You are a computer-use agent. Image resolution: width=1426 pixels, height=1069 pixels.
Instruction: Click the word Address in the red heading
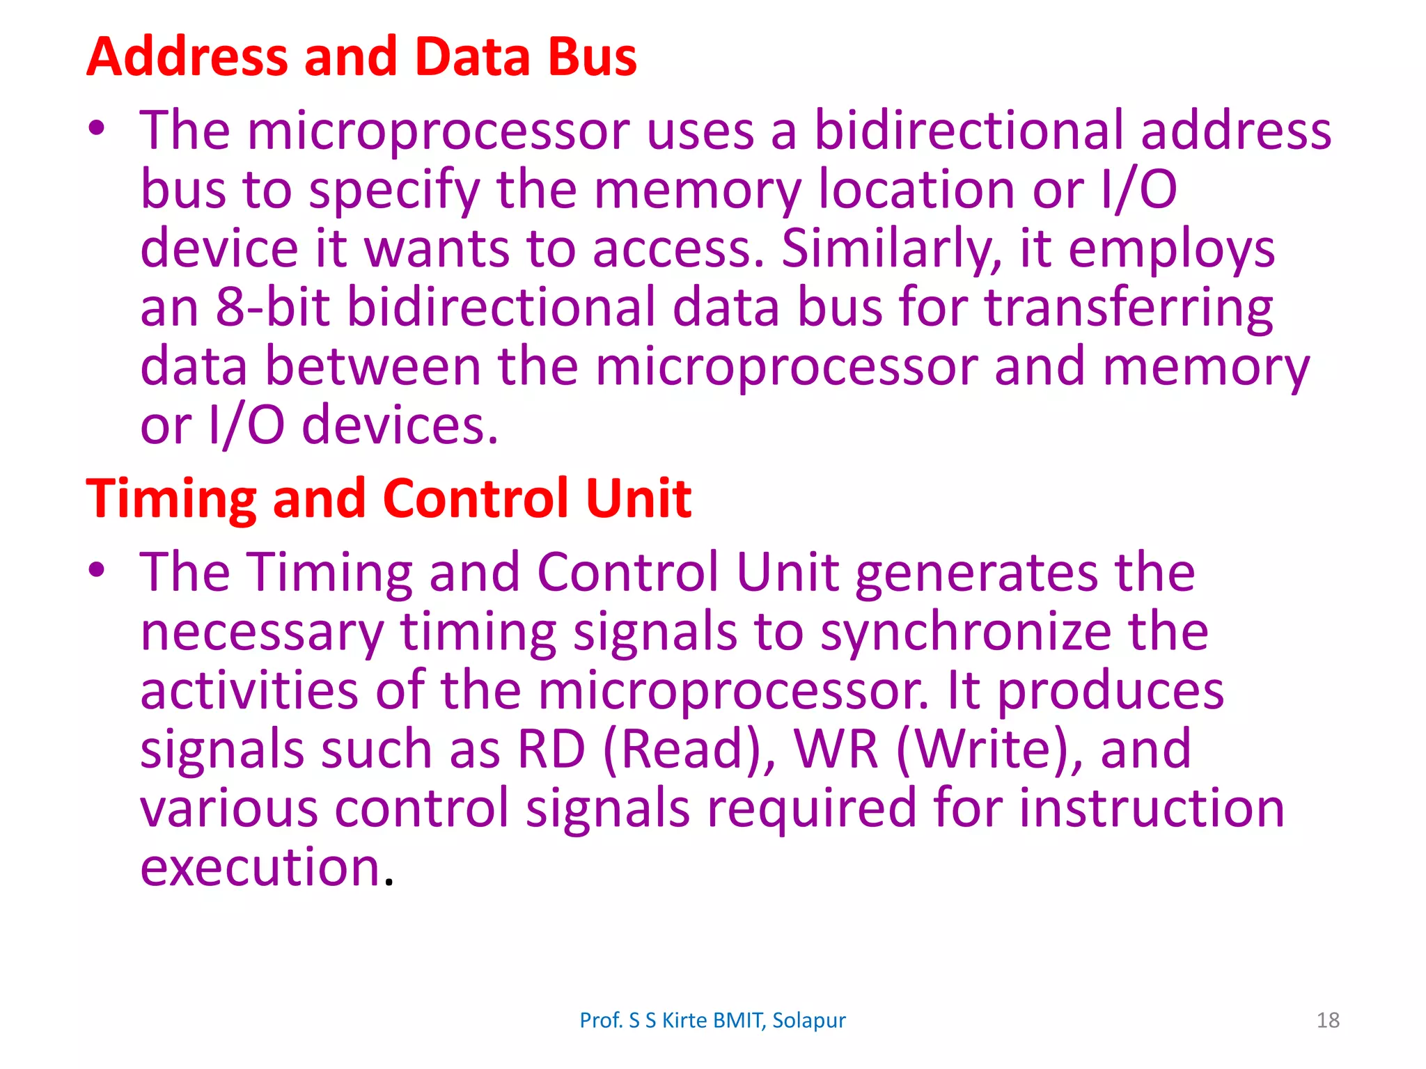click(x=187, y=57)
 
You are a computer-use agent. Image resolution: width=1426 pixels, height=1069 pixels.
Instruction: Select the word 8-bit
click(x=272, y=307)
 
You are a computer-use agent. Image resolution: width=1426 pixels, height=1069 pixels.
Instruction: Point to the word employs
click(x=1171, y=248)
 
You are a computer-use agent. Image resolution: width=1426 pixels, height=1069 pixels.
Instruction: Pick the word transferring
click(x=1129, y=307)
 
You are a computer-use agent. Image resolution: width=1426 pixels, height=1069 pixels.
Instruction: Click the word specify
click(x=394, y=190)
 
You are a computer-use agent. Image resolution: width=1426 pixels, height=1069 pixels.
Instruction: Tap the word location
click(x=916, y=190)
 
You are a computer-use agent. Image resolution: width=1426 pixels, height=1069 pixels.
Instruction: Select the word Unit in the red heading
click(x=638, y=498)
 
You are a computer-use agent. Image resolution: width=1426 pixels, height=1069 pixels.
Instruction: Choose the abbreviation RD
click(x=551, y=750)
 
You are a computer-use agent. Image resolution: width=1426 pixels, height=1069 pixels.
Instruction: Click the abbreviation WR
click(x=836, y=750)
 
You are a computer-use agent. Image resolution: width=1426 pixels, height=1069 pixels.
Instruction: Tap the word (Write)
click(x=989, y=750)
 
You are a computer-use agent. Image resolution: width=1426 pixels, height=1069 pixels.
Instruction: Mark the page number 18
click(x=1328, y=1020)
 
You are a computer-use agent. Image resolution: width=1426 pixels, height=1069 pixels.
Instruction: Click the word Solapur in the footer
click(x=809, y=1020)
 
